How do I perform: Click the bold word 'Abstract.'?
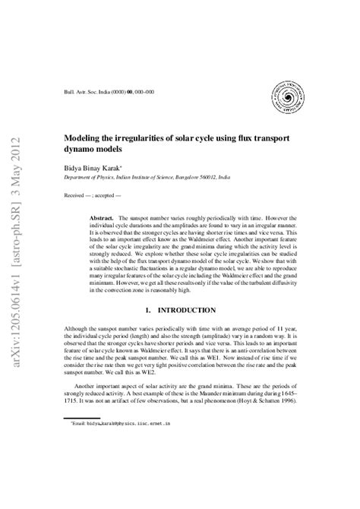104,217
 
